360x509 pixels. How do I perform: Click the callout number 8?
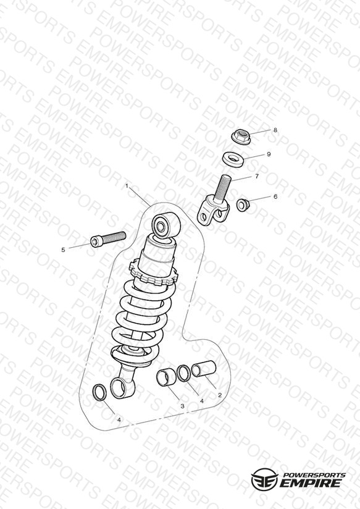click(x=275, y=130)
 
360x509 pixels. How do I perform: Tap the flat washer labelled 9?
click(x=233, y=160)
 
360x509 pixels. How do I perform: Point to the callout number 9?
click(x=269, y=154)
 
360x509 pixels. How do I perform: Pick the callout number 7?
click(x=257, y=176)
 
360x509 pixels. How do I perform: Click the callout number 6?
click(x=275, y=196)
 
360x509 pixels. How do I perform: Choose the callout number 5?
click(x=63, y=250)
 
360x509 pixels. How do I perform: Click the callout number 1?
click(x=127, y=187)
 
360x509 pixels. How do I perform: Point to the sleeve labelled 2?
click(x=204, y=369)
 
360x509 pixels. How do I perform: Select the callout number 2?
click(x=220, y=395)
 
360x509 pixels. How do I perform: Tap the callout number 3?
click(x=182, y=406)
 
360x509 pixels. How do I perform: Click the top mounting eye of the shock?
click(x=166, y=225)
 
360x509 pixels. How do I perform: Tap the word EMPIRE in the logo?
click(x=311, y=483)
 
